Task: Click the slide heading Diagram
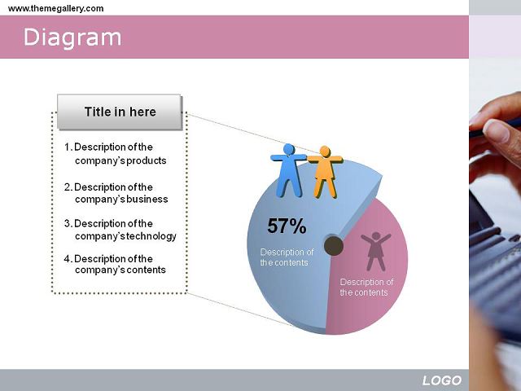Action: click(72, 37)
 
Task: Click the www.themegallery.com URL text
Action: click(56, 8)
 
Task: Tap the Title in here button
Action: click(120, 112)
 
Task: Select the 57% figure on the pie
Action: click(287, 226)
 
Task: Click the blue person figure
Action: click(288, 170)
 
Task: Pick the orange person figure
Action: click(325, 172)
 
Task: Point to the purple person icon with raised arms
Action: click(376, 251)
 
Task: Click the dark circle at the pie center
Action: click(333, 246)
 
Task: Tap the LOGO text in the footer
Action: click(442, 380)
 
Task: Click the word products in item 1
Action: click(147, 161)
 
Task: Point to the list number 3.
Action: click(68, 223)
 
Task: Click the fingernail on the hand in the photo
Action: click(496, 131)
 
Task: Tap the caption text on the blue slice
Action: click(287, 257)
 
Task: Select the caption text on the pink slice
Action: click(366, 288)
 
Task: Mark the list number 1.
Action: click(68, 147)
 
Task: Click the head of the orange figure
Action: click(325, 152)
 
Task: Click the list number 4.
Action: click(68, 259)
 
